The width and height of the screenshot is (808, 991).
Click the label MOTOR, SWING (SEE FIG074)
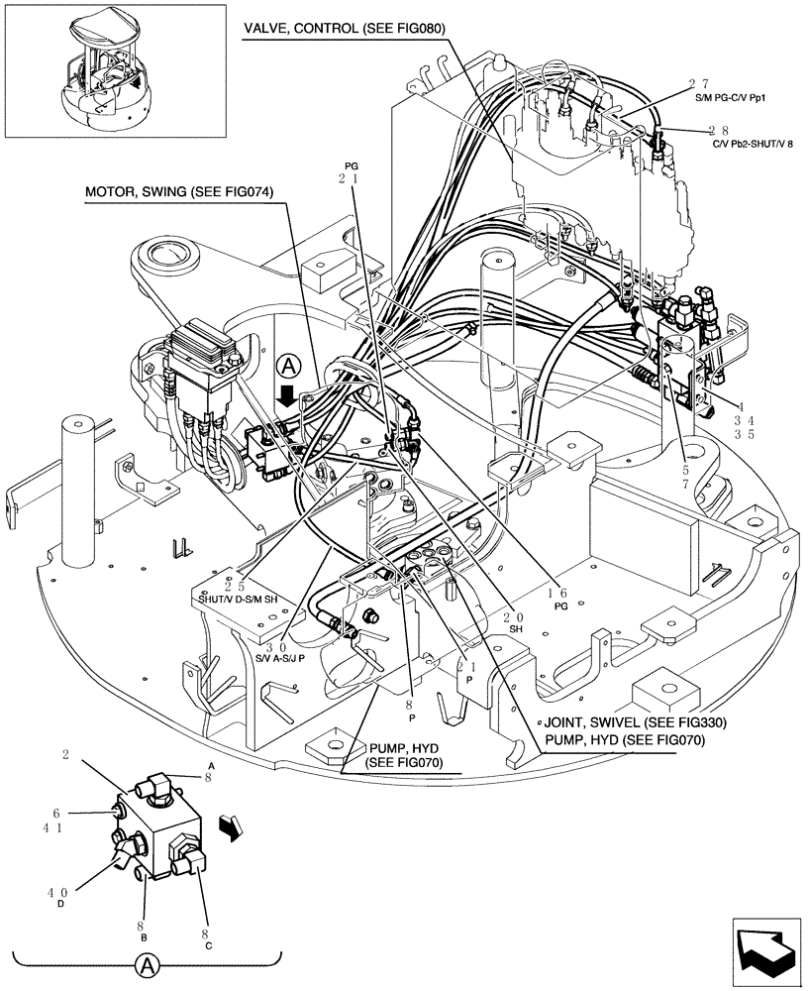pos(178,191)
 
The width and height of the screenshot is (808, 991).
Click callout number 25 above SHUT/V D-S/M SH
pos(235,586)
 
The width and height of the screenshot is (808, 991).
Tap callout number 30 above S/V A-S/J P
pos(284,641)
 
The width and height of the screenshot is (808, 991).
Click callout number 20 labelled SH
pos(516,615)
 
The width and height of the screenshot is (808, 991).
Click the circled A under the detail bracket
pos(146,964)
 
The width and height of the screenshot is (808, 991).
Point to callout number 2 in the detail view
pos(65,755)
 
